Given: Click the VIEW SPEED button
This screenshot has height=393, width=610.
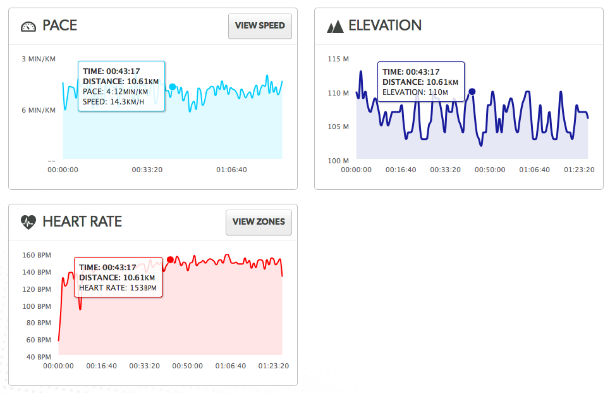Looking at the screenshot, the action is [260, 26].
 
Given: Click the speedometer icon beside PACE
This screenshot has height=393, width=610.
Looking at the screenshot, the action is [28, 27].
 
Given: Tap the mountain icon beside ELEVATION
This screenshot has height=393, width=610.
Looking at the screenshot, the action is [335, 26].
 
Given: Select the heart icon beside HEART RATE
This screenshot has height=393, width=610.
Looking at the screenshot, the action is [28, 222].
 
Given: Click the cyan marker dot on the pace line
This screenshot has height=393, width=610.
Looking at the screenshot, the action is [173, 87].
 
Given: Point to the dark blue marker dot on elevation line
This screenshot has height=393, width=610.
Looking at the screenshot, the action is [472, 92].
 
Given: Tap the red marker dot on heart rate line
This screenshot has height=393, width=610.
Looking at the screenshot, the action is [170, 260].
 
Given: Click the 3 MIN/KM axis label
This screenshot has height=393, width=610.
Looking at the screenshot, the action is [39, 59].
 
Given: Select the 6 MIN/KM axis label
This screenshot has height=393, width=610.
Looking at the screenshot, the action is [39, 110].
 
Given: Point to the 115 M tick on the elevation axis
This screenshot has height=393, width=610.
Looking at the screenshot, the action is [338, 59].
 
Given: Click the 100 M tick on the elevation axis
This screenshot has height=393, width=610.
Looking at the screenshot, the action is [338, 161].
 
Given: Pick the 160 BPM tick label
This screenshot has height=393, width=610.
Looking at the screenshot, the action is [37, 255].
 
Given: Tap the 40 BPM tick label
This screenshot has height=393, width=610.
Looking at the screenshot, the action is [39, 357].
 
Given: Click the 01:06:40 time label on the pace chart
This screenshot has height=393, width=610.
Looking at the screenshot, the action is [231, 170].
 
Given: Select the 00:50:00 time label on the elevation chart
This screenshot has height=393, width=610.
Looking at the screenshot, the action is [490, 170].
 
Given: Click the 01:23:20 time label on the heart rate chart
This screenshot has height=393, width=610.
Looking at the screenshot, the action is [274, 366].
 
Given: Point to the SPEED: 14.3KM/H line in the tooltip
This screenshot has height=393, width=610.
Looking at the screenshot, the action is [113, 102].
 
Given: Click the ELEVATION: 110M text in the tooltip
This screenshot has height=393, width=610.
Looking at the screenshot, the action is [415, 92].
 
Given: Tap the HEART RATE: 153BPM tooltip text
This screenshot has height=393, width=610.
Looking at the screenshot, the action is [118, 288].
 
